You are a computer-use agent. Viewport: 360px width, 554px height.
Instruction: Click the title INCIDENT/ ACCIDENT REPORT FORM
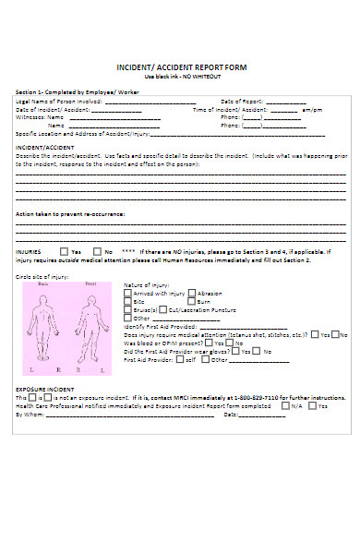tap(181, 68)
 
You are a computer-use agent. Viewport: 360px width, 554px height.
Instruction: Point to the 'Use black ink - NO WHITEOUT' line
tap(181, 77)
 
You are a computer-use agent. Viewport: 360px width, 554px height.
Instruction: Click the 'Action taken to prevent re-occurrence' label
tap(70, 213)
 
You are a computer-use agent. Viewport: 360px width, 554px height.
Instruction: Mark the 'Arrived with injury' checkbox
tap(127, 293)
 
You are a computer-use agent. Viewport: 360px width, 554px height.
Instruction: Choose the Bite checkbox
tap(127, 301)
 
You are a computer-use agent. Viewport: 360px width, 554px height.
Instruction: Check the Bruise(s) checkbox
tap(127, 309)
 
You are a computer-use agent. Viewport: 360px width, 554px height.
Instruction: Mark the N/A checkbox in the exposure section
tap(286, 405)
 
